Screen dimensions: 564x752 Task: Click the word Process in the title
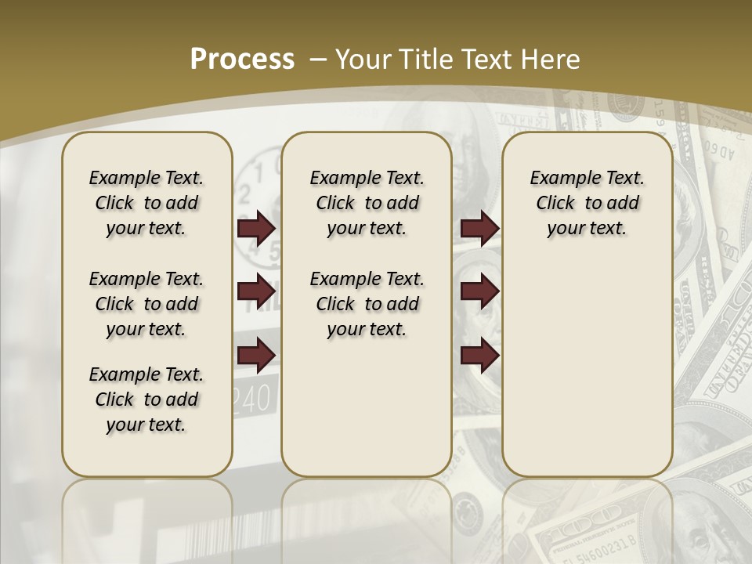click(x=242, y=60)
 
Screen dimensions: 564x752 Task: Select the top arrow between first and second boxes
click(x=256, y=229)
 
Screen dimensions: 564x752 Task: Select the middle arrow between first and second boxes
click(x=256, y=292)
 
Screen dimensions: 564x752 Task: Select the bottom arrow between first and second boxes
click(x=256, y=356)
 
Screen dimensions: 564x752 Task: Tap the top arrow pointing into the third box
click(x=479, y=229)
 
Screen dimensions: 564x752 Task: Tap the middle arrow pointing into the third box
click(x=479, y=292)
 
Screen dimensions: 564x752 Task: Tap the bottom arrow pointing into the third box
click(x=479, y=356)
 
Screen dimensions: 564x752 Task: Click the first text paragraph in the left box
click(x=146, y=203)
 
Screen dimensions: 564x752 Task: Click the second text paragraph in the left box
click(x=146, y=304)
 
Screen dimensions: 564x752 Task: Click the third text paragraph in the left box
click(x=146, y=399)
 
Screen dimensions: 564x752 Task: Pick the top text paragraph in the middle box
click(x=367, y=203)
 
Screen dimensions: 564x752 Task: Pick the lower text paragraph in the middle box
click(x=367, y=304)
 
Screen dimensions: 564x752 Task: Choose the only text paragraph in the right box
click(x=587, y=203)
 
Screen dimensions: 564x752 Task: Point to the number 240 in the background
click(x=255, y=400)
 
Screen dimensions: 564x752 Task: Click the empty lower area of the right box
click(x=587, y=376)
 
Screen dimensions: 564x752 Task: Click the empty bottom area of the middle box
click(x=367, y=415)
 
